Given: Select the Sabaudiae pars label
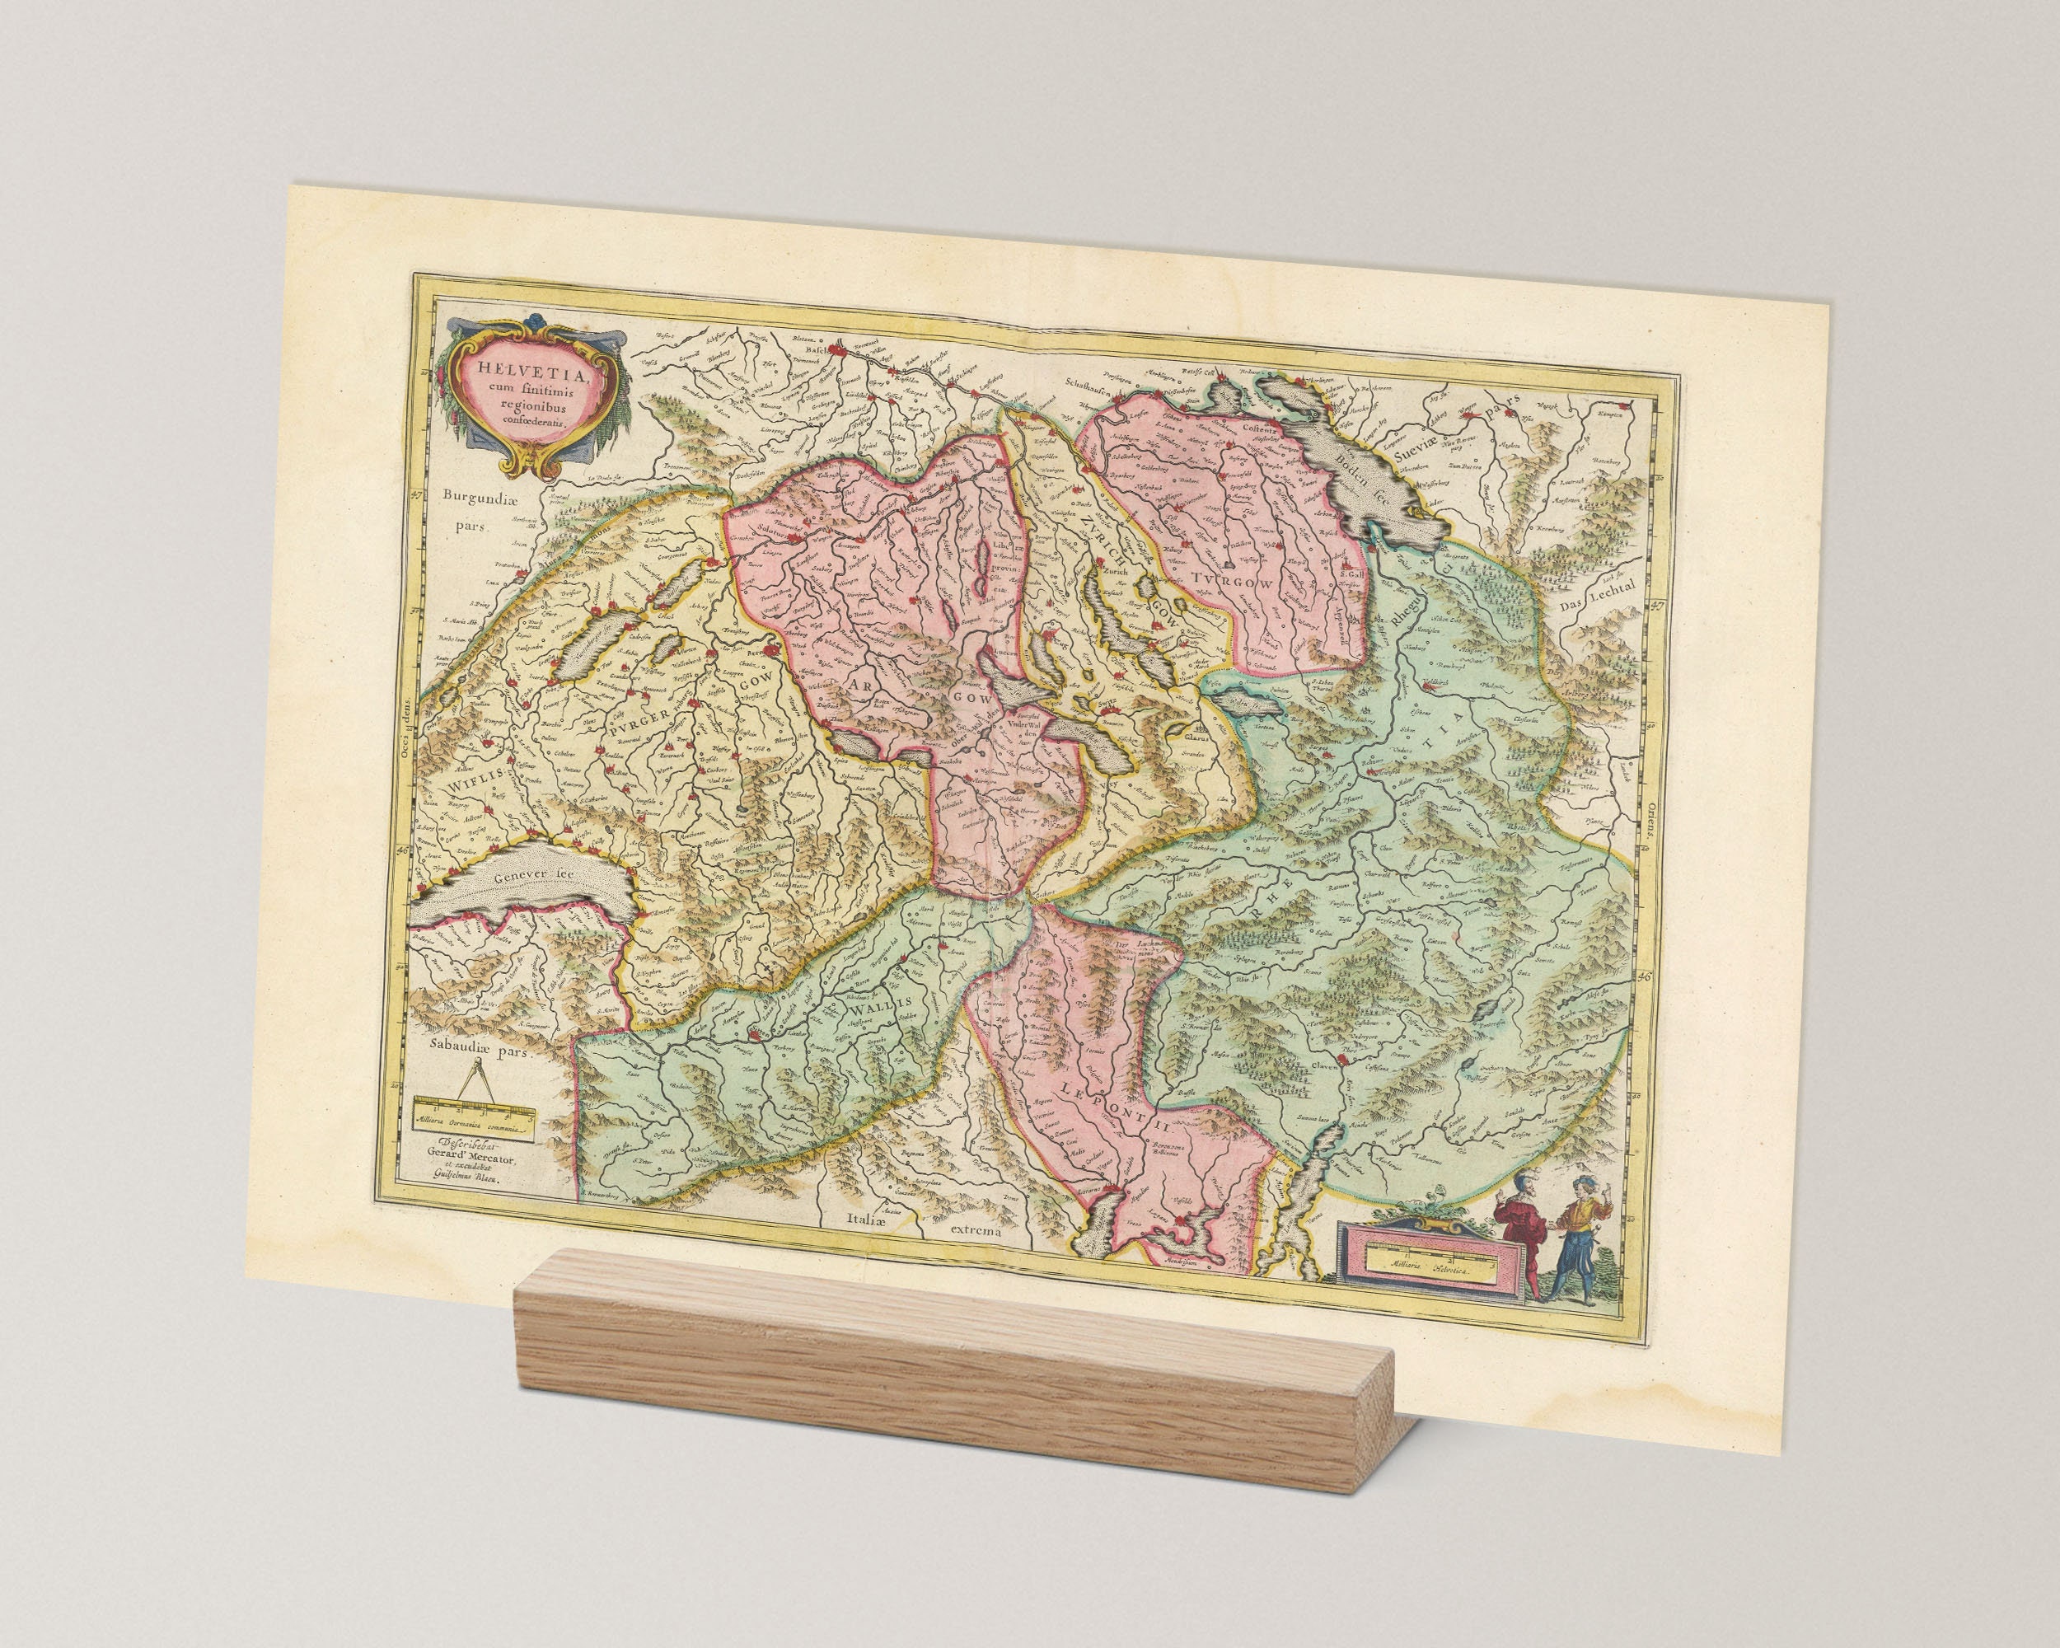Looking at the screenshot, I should coord(479,1049).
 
